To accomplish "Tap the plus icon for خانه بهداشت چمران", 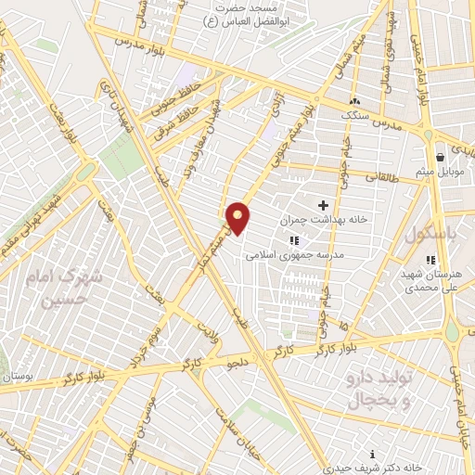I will coord(323,205).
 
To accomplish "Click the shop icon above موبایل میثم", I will coord(439,158).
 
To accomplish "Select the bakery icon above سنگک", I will coord(353,100).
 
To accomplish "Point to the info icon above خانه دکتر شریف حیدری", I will coord(373,454).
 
